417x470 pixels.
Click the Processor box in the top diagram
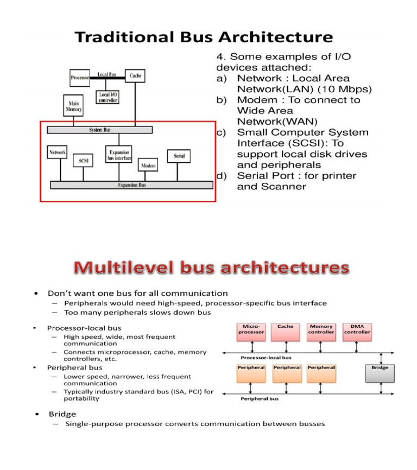coord(80,78)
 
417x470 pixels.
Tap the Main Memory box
coord(74,106)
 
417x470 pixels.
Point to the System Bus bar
coord(99,130)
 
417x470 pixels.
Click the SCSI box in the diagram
coord(83,160)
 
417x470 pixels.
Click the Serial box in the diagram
coord(179,156)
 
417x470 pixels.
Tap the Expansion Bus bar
coord(131,185)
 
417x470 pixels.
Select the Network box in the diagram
coord(58,153)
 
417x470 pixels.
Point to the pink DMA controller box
coord(357,332)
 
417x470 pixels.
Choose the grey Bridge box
coord(380,373)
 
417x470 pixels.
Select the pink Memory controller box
coord(321,332)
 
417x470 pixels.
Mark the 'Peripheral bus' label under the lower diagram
coord(259,398)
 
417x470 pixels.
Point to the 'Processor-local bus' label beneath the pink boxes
coord(267,358)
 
